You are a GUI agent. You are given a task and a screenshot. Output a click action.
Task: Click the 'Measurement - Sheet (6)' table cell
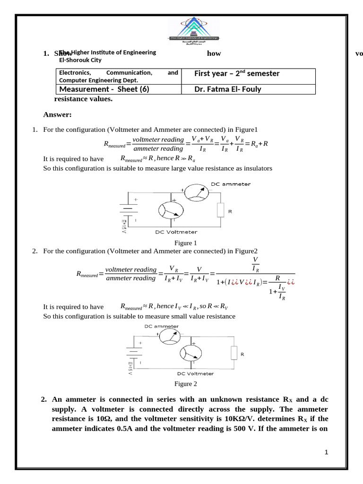(104, 89)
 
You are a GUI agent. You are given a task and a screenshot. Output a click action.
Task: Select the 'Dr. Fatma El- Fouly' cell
(227, 89)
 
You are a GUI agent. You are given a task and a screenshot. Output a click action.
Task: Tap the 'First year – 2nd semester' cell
(237, 74)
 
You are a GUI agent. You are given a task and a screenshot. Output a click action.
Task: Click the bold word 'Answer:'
(57, 114)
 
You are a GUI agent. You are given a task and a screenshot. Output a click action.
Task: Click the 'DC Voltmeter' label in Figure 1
(176, 232)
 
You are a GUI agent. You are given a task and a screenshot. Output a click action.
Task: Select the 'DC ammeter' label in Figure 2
(161, 326)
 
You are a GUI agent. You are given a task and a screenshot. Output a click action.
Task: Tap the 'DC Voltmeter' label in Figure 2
(195, 373)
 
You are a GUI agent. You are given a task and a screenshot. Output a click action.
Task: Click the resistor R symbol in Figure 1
(220, 210)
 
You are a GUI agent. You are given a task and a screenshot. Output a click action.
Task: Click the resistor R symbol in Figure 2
(233, 353)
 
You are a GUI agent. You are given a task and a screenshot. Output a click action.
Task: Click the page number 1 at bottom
(326, 452)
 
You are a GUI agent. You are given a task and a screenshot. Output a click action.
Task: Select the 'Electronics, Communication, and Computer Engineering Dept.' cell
(118, 77)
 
